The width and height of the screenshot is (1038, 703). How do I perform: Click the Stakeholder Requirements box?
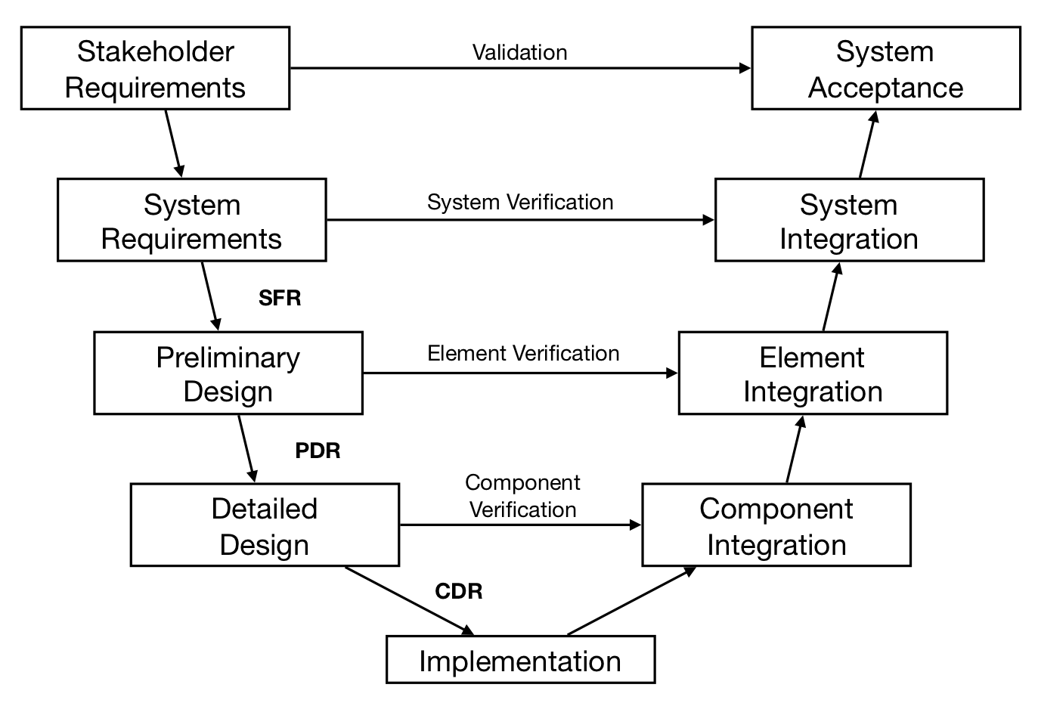coord(155,69)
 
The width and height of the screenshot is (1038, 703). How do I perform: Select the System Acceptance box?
coord(885,69)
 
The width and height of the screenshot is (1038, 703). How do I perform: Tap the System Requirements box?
coord(191,221)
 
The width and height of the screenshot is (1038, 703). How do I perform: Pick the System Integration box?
coord(849,221)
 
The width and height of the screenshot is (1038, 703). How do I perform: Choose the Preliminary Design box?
coord(228,373)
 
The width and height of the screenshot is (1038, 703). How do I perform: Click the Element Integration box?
coord(813,373)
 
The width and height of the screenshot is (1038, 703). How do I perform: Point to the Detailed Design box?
coord(265,525)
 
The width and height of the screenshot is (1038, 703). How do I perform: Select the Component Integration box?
coord(776,525)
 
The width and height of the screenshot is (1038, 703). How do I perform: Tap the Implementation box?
coord(520,661)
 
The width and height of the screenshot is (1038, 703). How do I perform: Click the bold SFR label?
coord(280,299)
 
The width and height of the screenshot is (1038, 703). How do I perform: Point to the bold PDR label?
coord(318,451)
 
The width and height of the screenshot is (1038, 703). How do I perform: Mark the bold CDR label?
coord(458,591)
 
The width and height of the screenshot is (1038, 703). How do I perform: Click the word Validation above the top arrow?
coord(519,52)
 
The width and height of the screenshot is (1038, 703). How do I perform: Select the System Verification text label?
coord(520,203)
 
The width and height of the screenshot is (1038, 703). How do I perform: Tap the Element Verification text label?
coord(523,354)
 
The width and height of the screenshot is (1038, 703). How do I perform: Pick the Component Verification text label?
coord(522,496)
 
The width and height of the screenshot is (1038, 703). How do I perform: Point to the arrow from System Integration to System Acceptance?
coord(869,144)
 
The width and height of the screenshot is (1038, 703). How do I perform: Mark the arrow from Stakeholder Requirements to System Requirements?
coord(174,143)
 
